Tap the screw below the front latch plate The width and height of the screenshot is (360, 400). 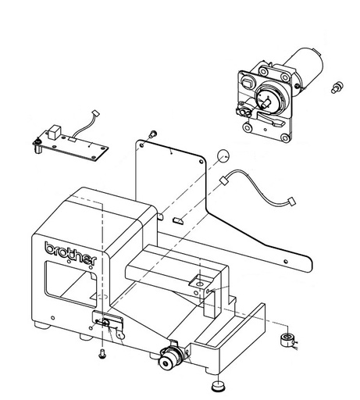(x=104, y=354)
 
